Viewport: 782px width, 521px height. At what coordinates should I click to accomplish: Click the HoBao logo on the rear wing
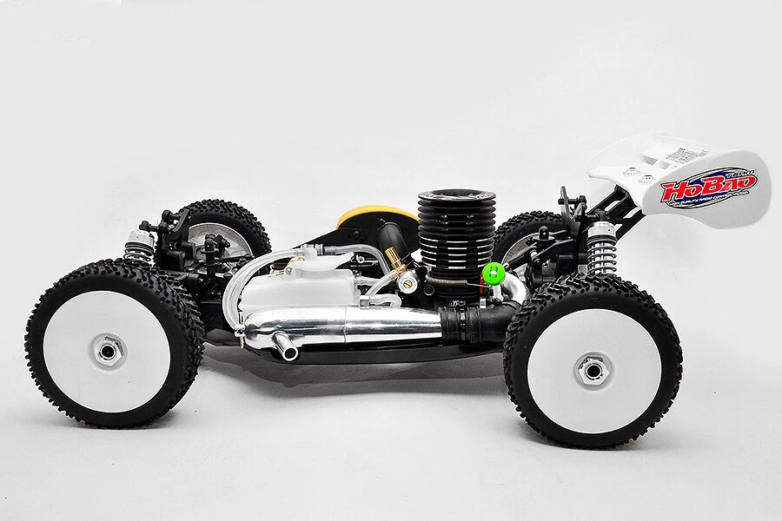708,187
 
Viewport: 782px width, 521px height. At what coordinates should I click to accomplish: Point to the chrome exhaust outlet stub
285,349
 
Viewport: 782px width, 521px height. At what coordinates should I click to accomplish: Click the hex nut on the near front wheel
109,351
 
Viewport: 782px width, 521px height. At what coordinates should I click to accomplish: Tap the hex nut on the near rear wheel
593,371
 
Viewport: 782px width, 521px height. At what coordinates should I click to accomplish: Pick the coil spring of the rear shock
600,247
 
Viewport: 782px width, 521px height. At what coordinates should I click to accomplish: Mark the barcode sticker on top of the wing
686,157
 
